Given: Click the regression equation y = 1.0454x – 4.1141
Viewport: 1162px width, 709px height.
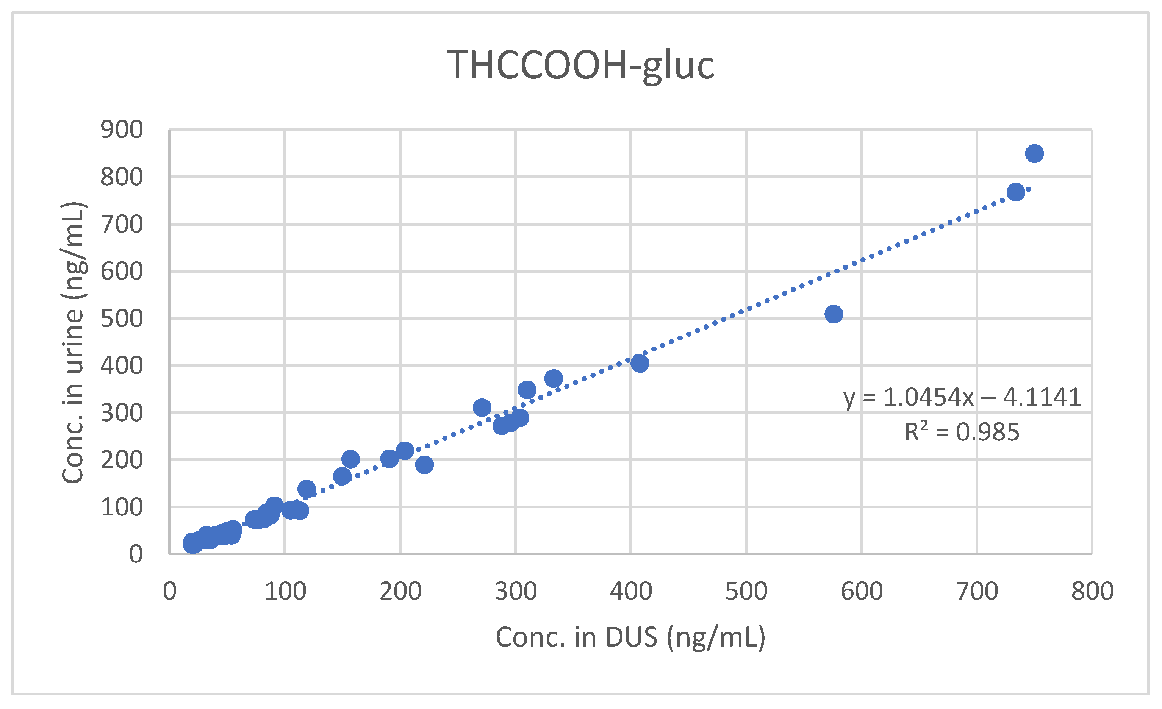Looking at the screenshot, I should (x=962, y=397).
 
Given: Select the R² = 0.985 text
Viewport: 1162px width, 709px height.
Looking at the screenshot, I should (x=962, y=432).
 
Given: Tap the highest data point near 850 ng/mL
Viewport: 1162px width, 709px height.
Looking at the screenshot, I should (x=1034, y=154).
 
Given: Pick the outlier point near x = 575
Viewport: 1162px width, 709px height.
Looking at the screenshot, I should (x=834, y=314).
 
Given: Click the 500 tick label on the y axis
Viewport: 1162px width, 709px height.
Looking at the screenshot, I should (x=122, y=319).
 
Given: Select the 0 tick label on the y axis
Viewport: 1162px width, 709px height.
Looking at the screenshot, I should (x=136, y=554).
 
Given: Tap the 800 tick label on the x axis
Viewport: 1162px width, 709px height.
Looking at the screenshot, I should (x=1092, y=592).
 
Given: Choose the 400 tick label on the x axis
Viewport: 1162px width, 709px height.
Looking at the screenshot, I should (x=631, y=592).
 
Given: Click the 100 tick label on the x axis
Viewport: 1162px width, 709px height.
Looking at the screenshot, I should (x=285, y=592).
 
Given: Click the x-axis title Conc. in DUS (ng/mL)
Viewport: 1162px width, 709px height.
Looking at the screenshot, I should (x=630, y=638).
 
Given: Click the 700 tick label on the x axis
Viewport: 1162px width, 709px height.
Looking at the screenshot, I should (x=977, y=592).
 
